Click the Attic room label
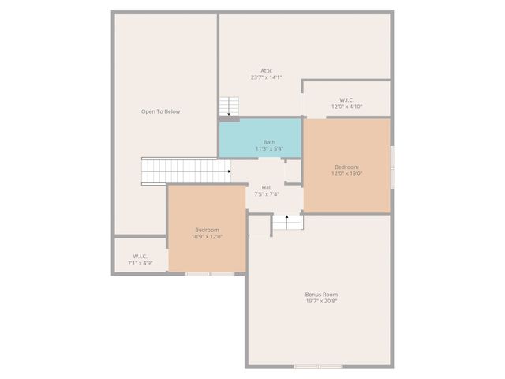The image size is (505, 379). coord(266,70)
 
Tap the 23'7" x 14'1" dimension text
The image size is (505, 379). coord(266,77)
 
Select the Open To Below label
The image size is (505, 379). coord(160,111)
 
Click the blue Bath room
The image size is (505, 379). coord(260,138)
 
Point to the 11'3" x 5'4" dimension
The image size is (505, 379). coord(268,148)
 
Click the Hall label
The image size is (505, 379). coord(267,187)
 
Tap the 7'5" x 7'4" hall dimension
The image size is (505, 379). coord(267,194)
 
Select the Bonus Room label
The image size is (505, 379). coord(321,295)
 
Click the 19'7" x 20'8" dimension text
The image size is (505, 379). coord(321,302)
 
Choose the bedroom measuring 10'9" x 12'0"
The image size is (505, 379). coord(207,229)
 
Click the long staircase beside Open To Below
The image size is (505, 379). coord(184,171)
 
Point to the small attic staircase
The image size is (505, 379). coord(229,107)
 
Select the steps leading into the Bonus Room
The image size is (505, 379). coord(287,223)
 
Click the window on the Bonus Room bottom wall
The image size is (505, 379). coord(318,366)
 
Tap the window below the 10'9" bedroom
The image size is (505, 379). coord(210,274)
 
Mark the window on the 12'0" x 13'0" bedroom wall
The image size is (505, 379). coord(391,167)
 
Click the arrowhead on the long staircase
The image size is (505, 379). coord(229,171)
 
